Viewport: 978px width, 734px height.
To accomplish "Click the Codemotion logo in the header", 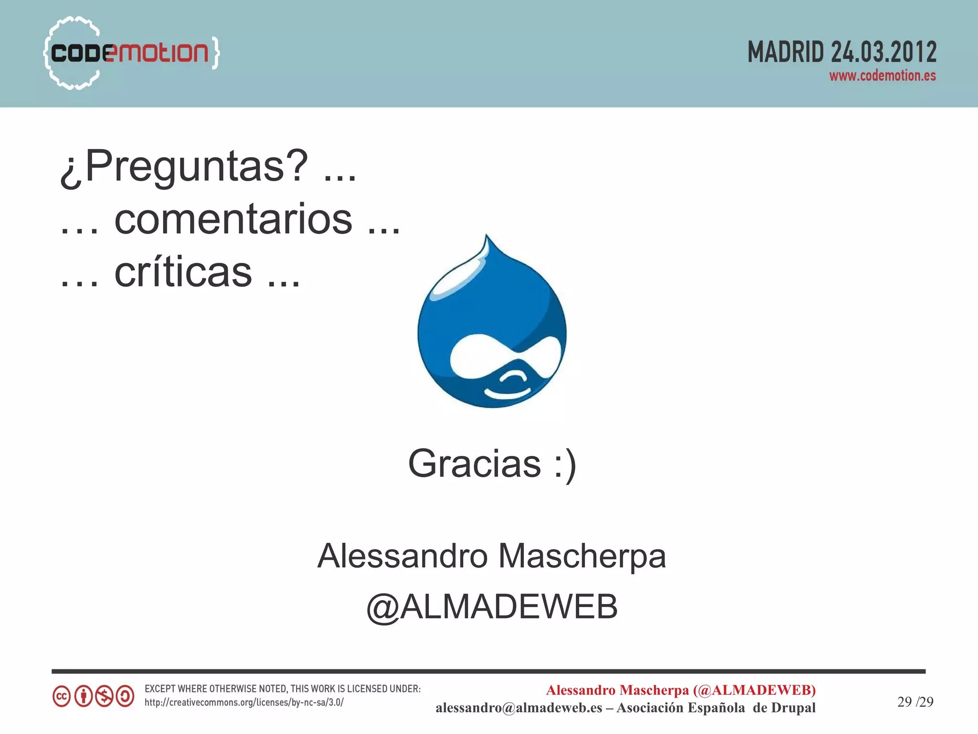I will pyautogui.click(x=130, y=53).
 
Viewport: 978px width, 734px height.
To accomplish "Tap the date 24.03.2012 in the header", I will pyautogui.click(x=883, y=52).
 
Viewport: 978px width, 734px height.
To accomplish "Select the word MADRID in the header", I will pyautogui.click(x=786, y=52).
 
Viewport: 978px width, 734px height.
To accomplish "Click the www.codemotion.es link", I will pyautogui.click(x=882, y=76).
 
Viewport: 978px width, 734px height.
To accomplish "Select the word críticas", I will pyautogui.click(x=183, y=272).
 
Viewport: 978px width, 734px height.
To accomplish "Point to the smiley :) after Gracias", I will pyautogui.click(x=565, y=464).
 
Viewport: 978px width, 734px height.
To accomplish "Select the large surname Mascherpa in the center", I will pyautogui.click(x=582, y=557).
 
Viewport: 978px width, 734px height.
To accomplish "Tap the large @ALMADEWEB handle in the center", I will pyautogui.click(x=492, y=607).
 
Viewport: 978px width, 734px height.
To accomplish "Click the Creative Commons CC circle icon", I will pyautogui.click(x=62, y=696).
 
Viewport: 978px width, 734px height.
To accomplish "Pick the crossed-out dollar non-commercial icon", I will pyautogui.click(x=104, y=696).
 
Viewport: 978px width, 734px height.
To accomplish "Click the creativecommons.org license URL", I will pyautogui.click(x=244, y=703).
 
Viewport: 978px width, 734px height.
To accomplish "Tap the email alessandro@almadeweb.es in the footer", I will pyautogui.click(x=519, y=708).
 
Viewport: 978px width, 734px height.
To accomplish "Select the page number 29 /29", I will pyautogui.click(x=915, y=702).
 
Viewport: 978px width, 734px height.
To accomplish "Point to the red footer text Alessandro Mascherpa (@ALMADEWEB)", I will pyautogui.click(x=680, y=690).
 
